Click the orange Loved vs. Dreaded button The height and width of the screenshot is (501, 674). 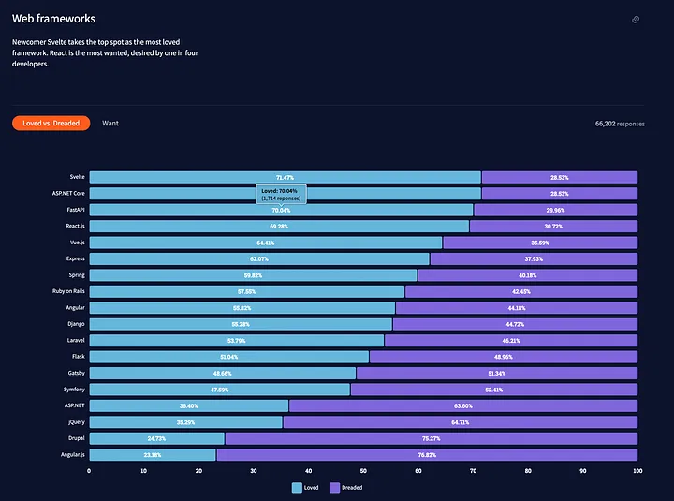coord(51,123)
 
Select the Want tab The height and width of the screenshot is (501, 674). coord(110,123)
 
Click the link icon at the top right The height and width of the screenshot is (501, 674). coord(636,20)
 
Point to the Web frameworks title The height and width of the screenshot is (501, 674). coord(53,19)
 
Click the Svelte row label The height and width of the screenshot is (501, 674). coord(77,177)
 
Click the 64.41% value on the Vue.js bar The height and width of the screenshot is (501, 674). coord(265,243)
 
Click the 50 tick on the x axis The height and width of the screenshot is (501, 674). coord(363,471)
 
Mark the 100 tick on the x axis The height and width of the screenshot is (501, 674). coord(637,471)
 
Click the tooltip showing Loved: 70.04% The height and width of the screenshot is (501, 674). coord(281,194)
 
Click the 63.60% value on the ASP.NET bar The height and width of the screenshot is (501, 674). coord(462,405)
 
